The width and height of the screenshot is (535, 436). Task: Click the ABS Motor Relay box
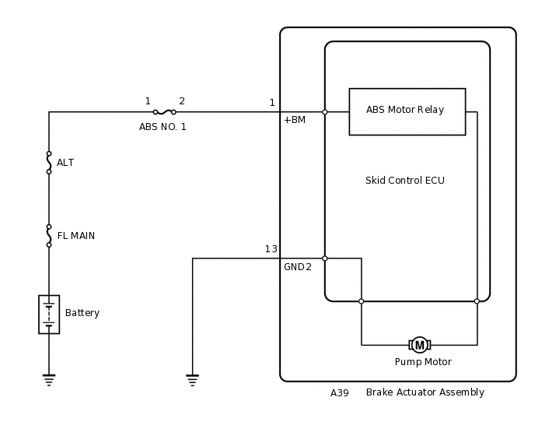(407, 111)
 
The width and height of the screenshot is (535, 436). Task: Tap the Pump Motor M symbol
(420, 345)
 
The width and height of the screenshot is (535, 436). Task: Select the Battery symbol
(49, 314)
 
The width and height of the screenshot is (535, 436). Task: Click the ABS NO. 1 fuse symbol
(164, 112)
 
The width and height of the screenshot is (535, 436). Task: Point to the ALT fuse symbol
(49, 163)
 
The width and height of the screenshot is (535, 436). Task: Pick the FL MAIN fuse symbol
(49, 236)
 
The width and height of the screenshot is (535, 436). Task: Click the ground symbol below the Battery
(49, 380)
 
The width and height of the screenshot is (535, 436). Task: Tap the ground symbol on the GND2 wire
(193, 380)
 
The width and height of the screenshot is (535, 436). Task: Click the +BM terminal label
(294, 120)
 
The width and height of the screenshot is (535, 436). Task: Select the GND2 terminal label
(297, 267)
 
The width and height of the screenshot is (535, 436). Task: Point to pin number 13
(271, 249)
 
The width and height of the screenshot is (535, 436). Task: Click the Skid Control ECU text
(404, 181)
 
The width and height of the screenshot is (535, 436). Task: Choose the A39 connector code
(340, 393)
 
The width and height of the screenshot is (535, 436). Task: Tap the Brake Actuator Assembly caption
(425, 392)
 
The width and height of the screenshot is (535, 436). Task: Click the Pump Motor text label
(423, 362)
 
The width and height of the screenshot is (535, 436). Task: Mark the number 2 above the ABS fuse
(182, 101)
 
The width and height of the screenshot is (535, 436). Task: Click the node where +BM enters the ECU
(325, 112)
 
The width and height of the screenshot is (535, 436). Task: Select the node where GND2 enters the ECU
(325, 258)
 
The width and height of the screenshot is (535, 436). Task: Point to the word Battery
(82, 313)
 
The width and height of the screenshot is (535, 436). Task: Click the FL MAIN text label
(76, 236)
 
